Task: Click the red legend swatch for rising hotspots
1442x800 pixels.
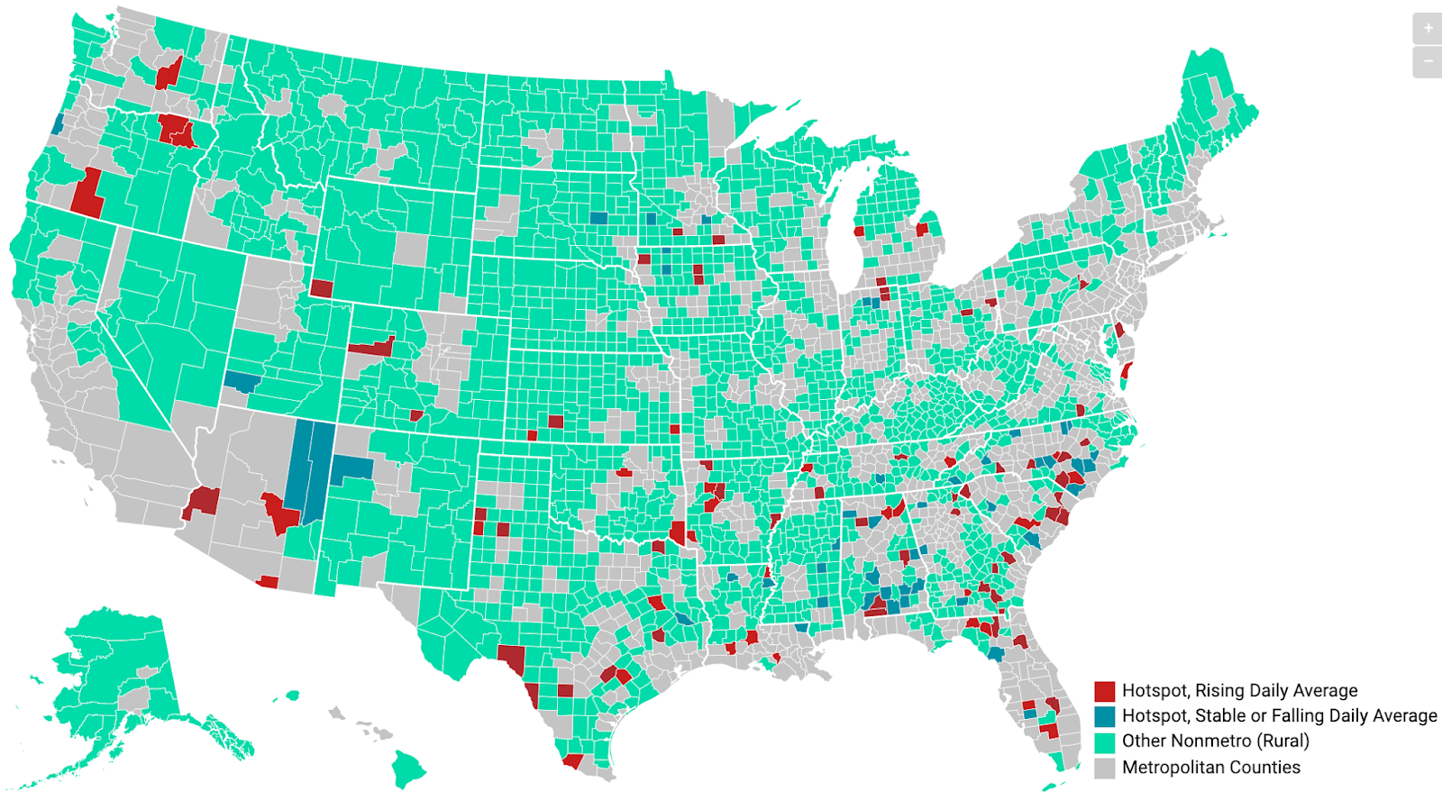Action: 1104,691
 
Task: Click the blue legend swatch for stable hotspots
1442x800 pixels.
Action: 1104,716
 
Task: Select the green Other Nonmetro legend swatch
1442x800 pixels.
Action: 1104,741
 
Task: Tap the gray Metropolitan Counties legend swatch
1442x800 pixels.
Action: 1104,768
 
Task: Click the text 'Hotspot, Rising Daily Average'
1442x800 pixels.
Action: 1239,691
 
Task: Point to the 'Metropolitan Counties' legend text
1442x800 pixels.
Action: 1210,768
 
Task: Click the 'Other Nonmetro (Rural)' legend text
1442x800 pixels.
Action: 1215,741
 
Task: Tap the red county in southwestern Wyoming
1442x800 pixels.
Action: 321,288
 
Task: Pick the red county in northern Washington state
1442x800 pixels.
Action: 168,72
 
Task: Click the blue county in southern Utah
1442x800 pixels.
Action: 242,381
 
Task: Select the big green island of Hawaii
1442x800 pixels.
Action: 407,768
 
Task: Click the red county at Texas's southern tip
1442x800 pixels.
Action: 572,761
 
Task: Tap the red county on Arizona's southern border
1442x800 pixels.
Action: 268,582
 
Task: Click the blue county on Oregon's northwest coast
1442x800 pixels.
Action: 58,123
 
